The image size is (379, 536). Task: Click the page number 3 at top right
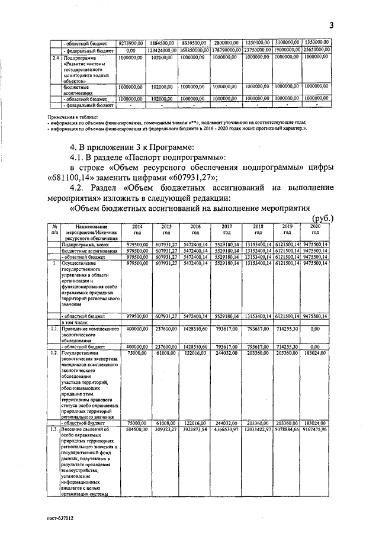click(x=332, y=25)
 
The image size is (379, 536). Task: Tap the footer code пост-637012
click(x=62, y=516)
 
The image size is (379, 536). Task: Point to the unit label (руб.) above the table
click(x=323, y=218)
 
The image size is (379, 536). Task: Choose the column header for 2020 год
click(x=316, y=230)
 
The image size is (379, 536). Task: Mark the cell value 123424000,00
click(x=162, y=50)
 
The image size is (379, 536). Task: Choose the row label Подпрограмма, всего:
click(x=81, y=243)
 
